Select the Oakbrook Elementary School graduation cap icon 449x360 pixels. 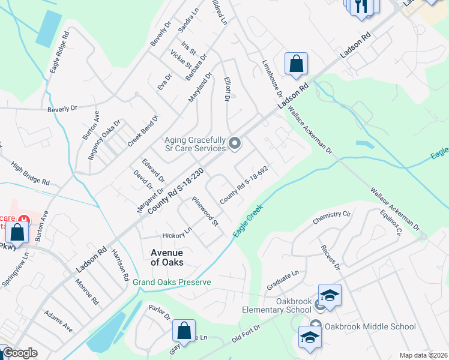click(330, 295)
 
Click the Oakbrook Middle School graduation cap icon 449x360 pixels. click(310, 338)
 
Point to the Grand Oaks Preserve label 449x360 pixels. click(172, 282)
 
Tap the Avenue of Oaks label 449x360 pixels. click(167, 257)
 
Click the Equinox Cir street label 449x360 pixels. click(390, 221)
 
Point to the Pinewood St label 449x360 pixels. click(205, 211)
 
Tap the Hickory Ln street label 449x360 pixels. click(177, 232)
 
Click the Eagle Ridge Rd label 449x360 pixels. click(59, 53)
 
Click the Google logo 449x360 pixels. click(19, 353)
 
